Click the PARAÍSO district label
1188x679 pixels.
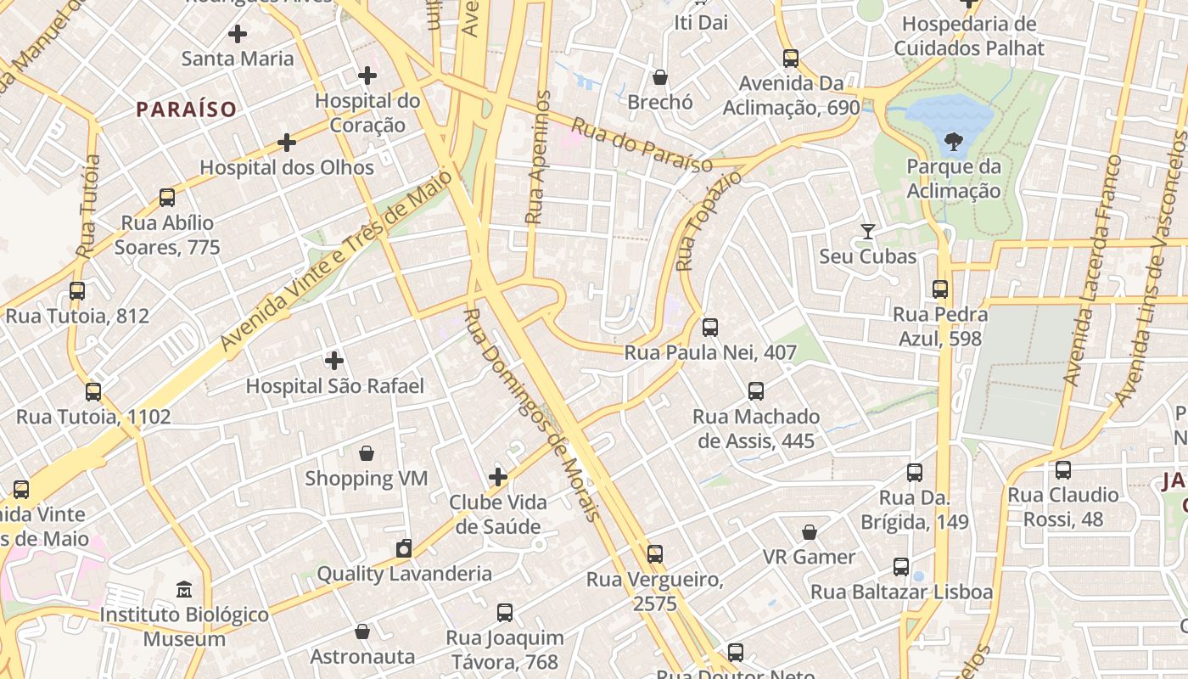coord(186,109)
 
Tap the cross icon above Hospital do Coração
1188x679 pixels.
coord(367,76)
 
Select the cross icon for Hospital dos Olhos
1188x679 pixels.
coord(287,142)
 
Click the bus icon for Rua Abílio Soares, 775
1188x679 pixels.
coord(167,198)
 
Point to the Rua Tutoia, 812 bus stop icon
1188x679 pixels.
coord(77,291)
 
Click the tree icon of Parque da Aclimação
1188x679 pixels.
coord(954,141)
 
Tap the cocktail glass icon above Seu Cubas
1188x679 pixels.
coord(867,231)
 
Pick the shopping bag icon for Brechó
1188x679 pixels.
coord(660,77)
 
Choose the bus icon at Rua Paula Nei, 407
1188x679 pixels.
coord(710,327)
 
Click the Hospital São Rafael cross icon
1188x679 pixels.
coord(334,361)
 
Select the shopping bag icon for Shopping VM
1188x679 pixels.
coord(367,453)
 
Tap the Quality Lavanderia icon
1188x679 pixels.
coord(404,548)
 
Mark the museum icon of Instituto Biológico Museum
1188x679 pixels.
coord(184,589)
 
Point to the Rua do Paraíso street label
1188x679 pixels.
coord(642,145)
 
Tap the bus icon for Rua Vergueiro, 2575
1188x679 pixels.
coord(655,555)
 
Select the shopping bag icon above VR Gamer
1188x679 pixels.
coord(810,532)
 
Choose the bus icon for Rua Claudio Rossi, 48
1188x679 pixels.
coord(1062,469)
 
